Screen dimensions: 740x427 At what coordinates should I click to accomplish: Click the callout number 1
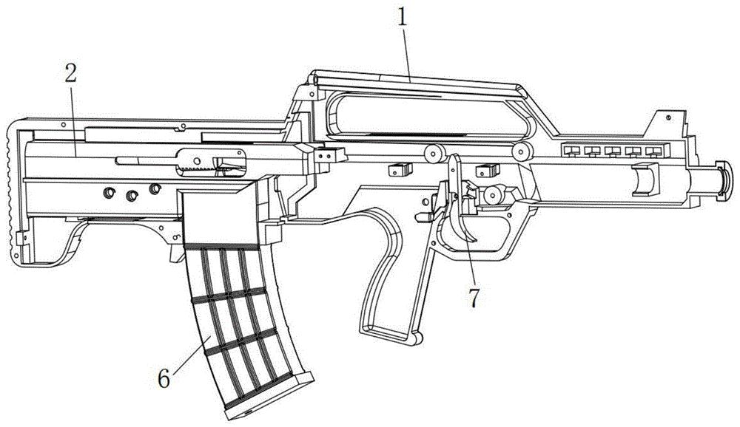pyautogui.click(x=402, y=18)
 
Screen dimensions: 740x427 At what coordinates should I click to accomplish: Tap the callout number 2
pyautogui.click(x=70, y=71)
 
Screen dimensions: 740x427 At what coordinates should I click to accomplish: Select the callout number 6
pyautogui.click(x=164, y=378)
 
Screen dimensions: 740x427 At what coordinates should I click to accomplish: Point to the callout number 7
pyautogui.click(x=474, y=298)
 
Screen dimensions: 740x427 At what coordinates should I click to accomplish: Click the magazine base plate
pyautogui.click(x=269, y=396)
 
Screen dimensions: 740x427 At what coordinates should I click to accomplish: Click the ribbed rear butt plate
pyautogui.click(x=13, y=194)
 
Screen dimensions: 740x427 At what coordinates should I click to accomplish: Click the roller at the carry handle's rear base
pyautogui.click(x=434, y=153)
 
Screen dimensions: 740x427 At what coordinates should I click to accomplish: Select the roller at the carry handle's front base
pyautogui.click(x=522, y=151)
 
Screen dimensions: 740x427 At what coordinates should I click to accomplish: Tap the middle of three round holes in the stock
pyautogui.click(x=131, y=194)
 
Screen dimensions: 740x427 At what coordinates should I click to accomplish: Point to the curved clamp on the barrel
pyautogui.click(x=645, y=179)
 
